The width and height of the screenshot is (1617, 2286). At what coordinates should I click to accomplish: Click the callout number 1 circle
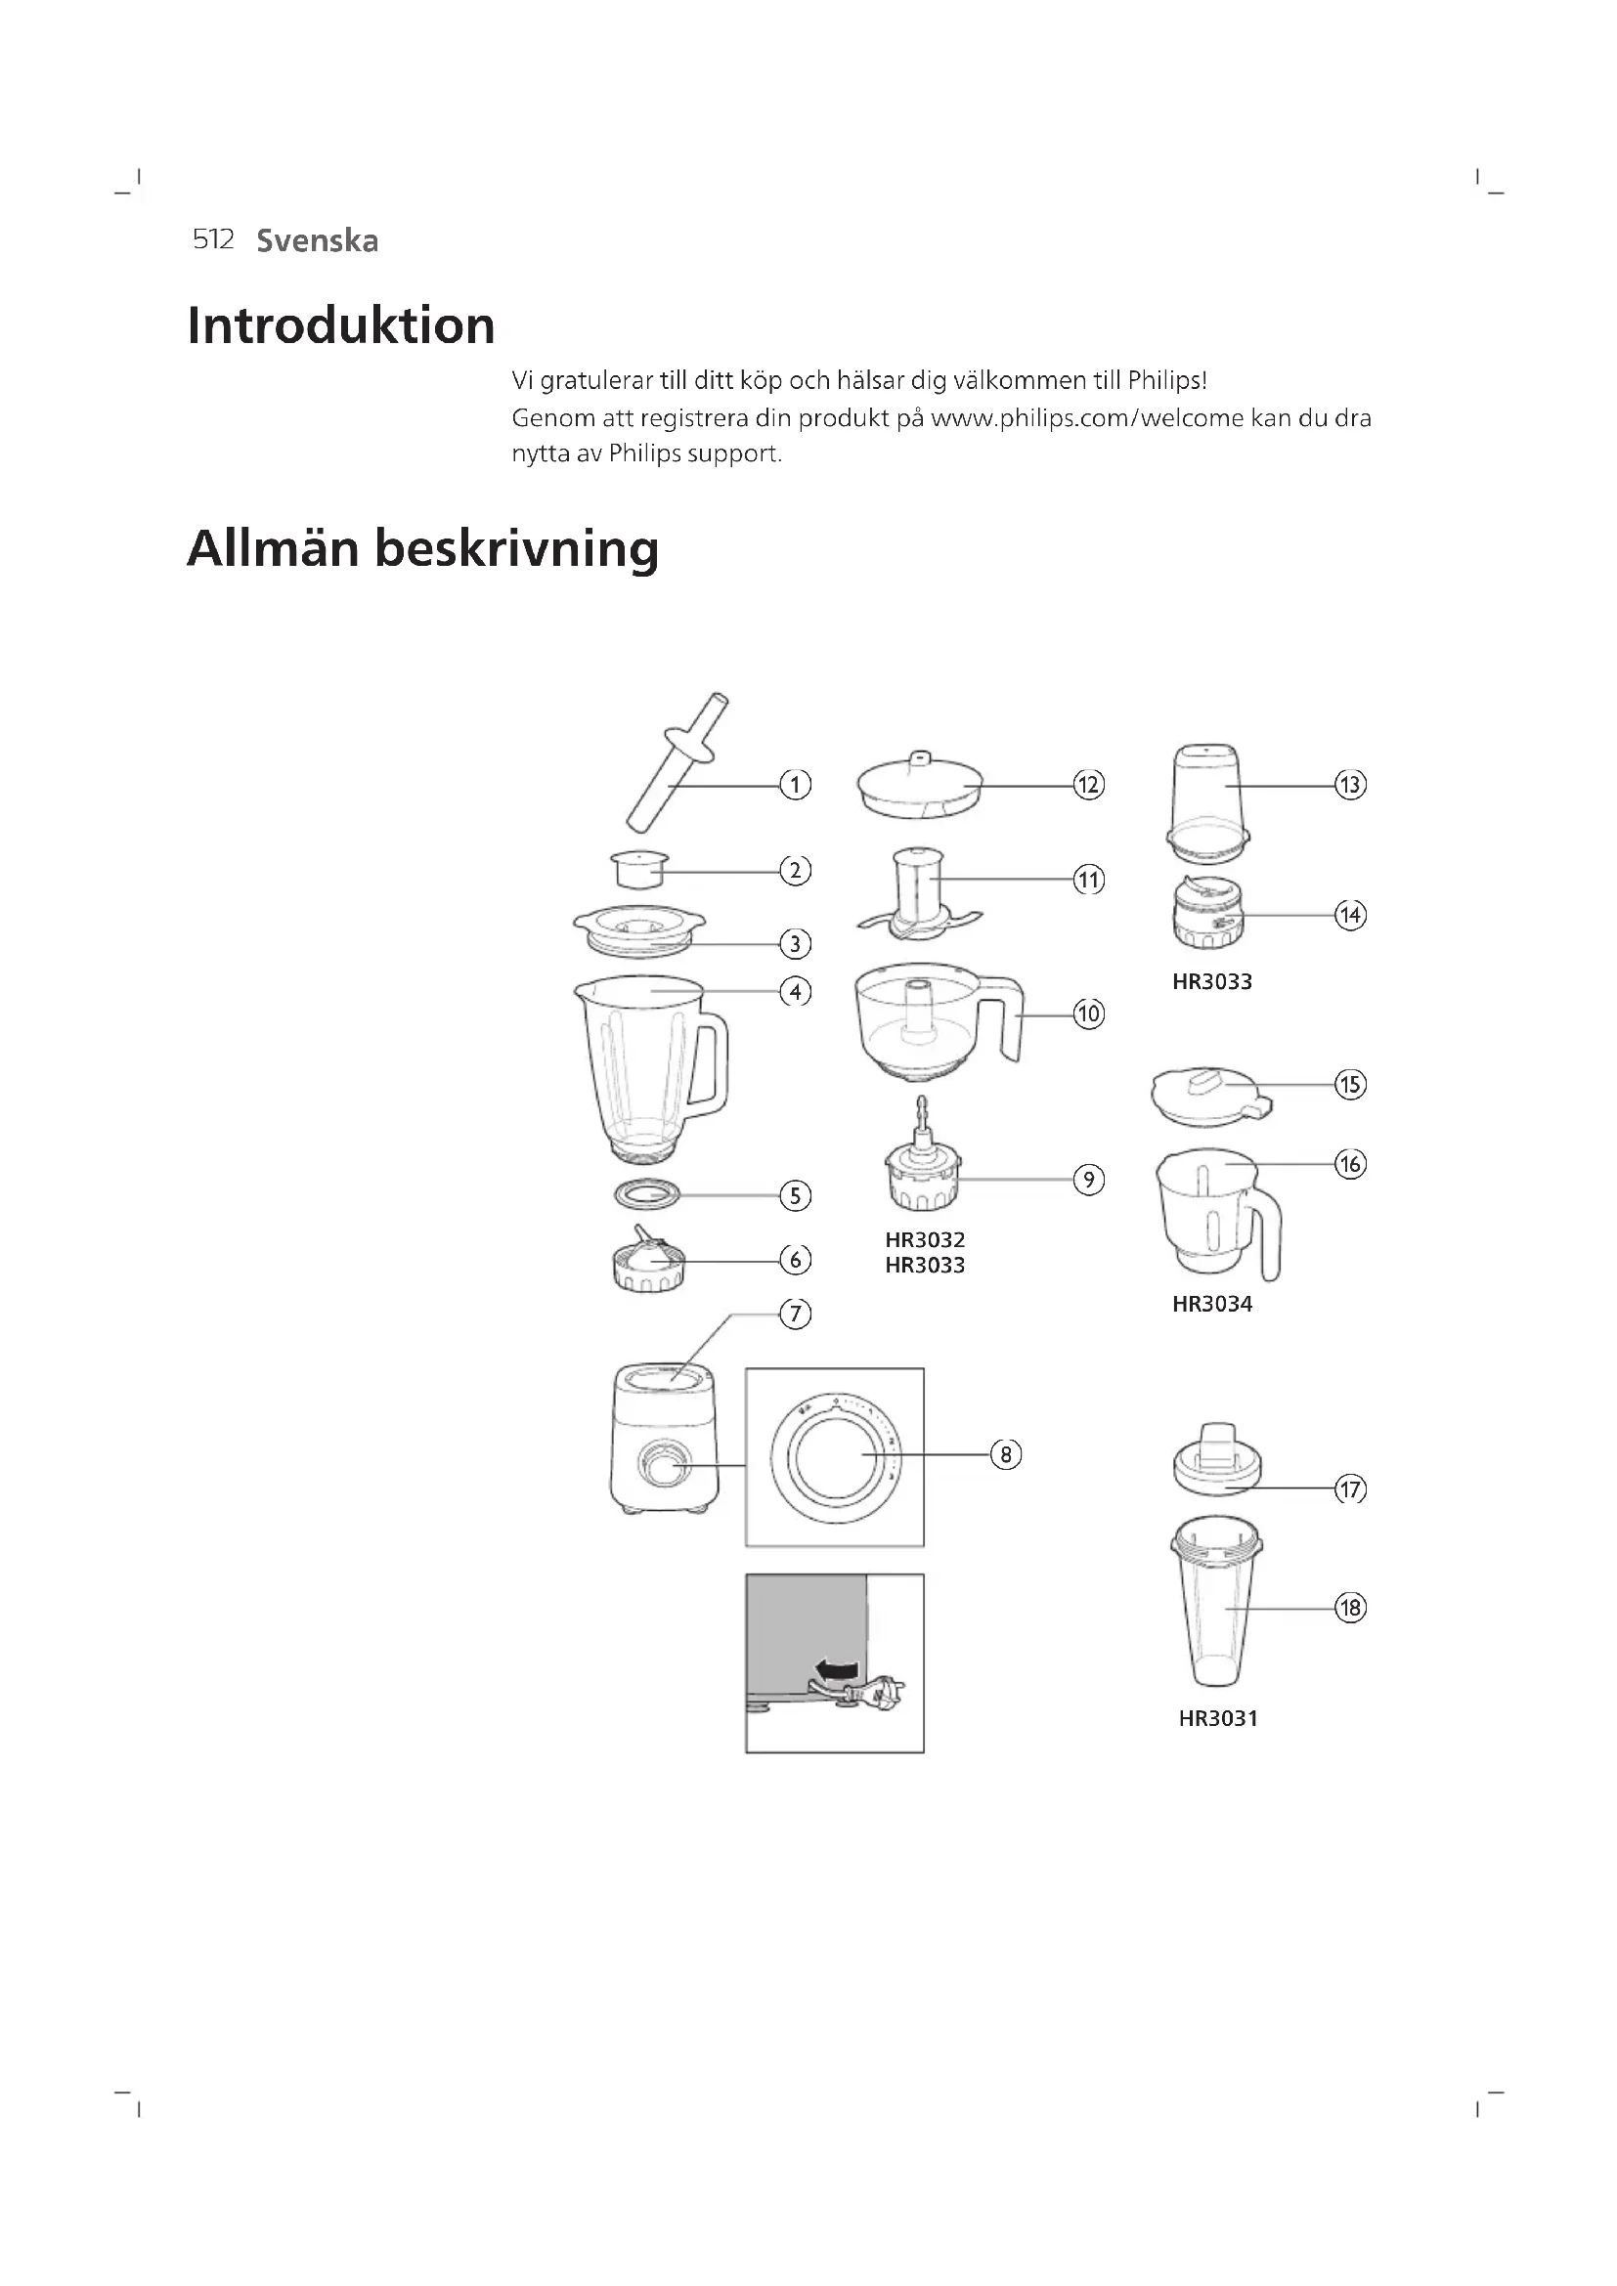795,785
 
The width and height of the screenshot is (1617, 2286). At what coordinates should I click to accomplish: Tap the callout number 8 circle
1006,1454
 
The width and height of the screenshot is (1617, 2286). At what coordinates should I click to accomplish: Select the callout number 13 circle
1350,785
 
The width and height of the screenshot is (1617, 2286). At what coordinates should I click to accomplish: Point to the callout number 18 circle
1350,1608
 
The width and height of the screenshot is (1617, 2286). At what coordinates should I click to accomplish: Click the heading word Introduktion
340,325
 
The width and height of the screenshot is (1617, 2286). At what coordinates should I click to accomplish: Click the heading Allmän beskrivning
422,548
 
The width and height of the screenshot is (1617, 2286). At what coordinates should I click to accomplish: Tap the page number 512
213,240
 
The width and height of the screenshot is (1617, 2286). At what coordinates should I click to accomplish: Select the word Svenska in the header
318,241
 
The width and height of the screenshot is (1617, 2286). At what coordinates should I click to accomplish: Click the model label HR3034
1211,1305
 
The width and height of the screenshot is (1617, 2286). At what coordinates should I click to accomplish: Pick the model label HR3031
1218,1718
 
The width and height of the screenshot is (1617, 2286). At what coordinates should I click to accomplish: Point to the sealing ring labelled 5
646,1192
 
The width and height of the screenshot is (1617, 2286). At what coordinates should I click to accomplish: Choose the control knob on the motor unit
657,1466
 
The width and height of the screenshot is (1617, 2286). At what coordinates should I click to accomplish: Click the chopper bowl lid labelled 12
919,786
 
